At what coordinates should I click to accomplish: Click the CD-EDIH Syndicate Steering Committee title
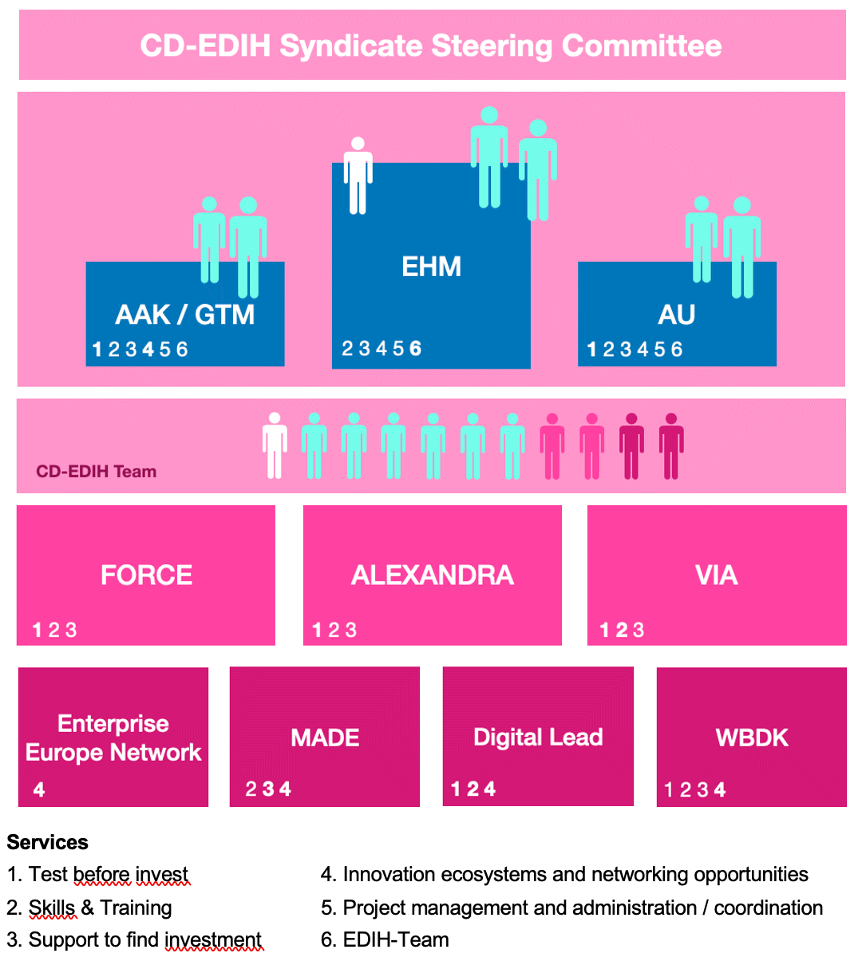point(431,45)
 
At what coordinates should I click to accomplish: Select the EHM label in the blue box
point(431,267)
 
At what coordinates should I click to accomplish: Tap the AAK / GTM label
point(185,314)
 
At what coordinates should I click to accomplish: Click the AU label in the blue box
point(677,314)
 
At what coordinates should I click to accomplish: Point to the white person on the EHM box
point(358,176)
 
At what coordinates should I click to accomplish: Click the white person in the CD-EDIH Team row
point(275,445)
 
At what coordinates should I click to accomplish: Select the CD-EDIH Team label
point(96,472)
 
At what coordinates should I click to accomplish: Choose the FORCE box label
point(146,575)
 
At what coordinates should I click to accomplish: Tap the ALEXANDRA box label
point(432,575)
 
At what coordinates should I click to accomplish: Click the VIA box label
point(716,575)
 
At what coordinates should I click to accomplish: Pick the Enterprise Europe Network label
point(113,738)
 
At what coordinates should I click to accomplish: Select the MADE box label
point(325,738)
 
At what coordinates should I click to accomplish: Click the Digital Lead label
point(538,737)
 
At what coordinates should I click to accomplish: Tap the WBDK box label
point(752,738)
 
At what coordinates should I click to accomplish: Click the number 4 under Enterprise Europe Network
point(39,790)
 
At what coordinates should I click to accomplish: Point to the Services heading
point(47,843)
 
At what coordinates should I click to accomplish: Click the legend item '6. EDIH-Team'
point(385,940)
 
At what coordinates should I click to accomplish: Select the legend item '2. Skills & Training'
point(89,908)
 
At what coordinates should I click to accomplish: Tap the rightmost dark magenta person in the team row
point(671,445)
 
